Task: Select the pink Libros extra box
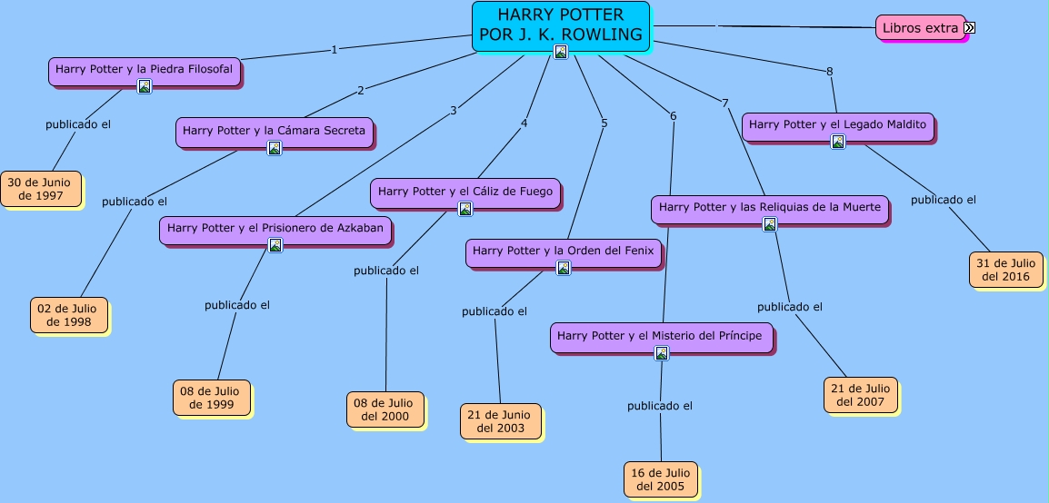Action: pos(920,28)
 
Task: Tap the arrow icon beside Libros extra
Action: pos(970,28)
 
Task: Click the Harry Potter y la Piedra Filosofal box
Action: pos(144,69)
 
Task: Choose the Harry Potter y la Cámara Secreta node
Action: pos(274,131)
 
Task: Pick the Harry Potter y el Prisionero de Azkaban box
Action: pos(275,228)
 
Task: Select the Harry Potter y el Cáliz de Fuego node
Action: pos(465,192)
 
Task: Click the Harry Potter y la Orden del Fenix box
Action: pos(564,251)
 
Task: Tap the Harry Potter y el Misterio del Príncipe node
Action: pos(661,336)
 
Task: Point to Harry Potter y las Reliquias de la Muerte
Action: pos(769,208)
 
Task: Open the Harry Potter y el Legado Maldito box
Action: pos(837,124)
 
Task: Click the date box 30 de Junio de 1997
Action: pos(41,188)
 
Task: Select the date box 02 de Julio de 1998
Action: pos(69,315)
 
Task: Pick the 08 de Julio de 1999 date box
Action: pos(212,398)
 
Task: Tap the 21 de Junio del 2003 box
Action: pos(500,421)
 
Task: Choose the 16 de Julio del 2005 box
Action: pos(661,479)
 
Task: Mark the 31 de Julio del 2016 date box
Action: pos(1005,270)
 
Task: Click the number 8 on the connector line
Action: pos(829,72)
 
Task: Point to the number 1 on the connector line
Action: pos(335,50)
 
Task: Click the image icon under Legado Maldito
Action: pos(838,142)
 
